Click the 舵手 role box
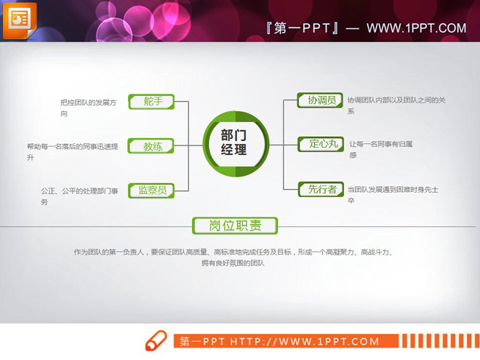click(x=152, y=102)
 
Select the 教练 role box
click(x=152, y=146)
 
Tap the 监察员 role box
click(x=152, y=191)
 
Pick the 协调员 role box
click(x=320, y=100)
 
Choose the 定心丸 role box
click(x=320, y=144)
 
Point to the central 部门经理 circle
click(x=233, y=143)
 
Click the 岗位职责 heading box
click(x=235, y=226)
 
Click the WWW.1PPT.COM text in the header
click(x=416, y=28)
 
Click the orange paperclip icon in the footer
click(x=156, y=340)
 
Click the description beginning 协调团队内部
click(x=396, y=105)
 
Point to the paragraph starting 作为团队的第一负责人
click(x=233, y=257)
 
